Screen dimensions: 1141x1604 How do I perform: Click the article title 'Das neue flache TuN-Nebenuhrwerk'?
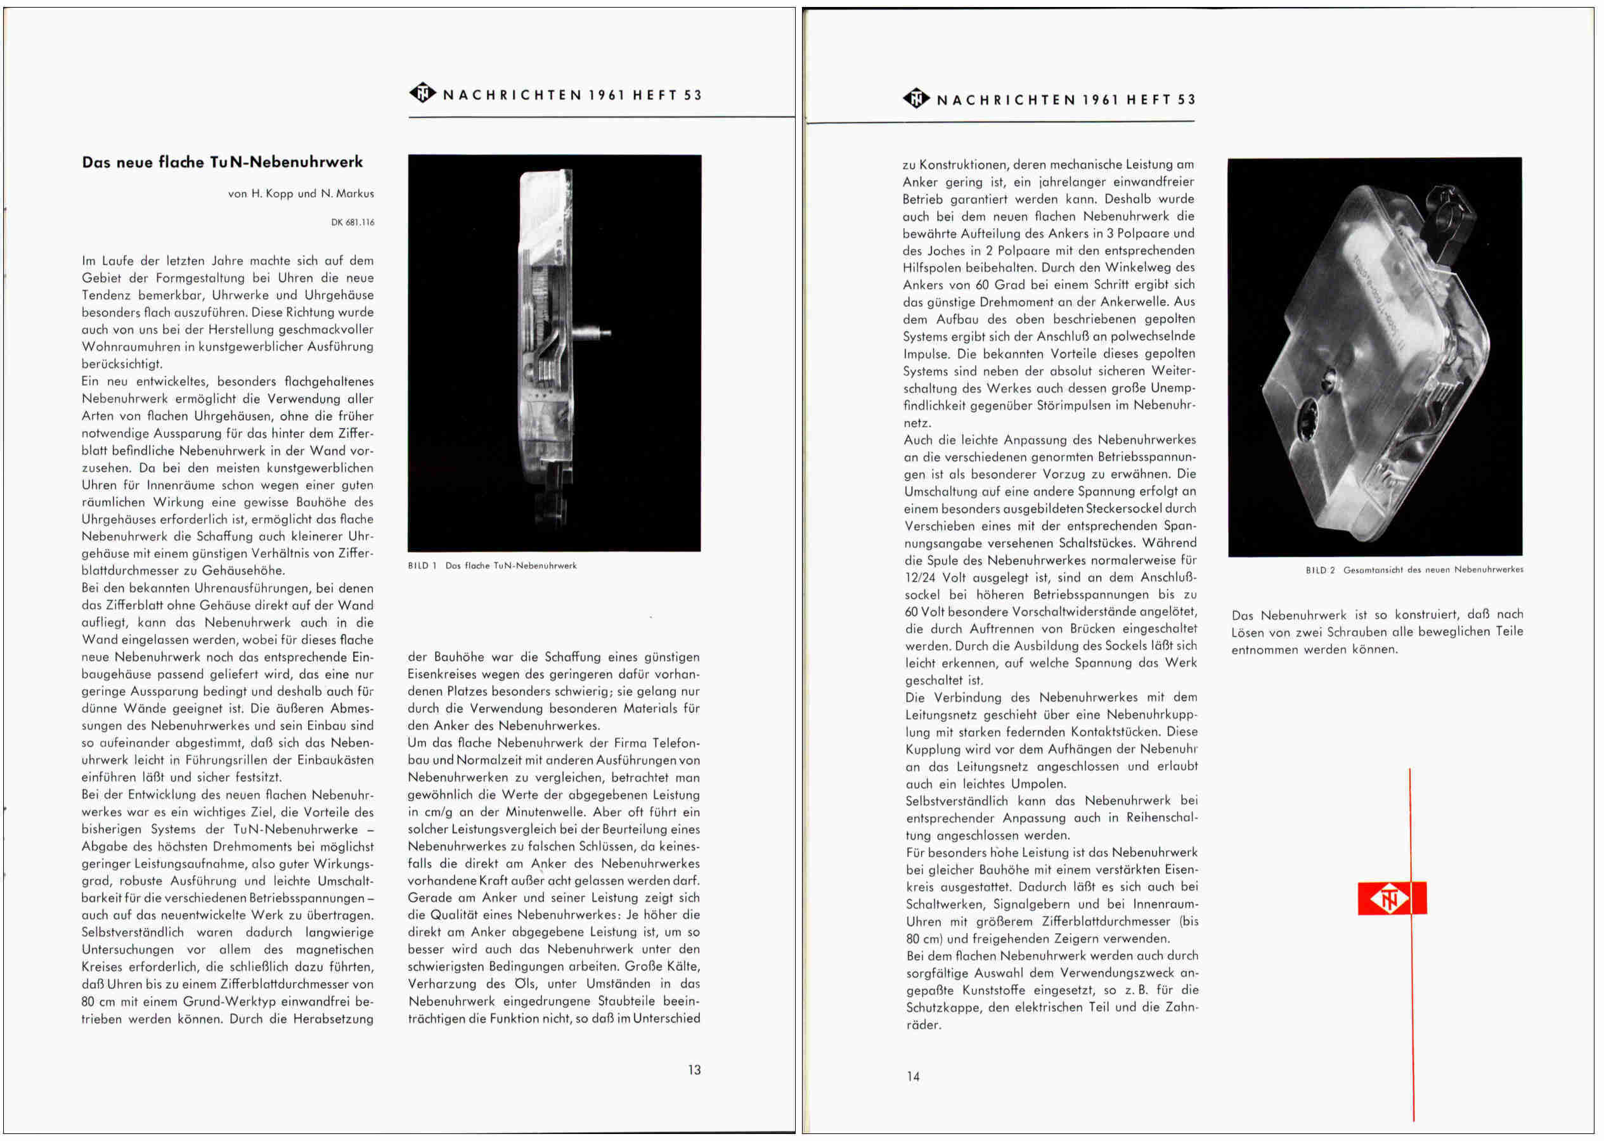click(x=222, y=162)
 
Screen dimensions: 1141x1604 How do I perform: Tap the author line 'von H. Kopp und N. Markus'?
click(x=301, y=193)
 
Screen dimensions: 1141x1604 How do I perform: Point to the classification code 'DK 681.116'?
click(x=352, y=222)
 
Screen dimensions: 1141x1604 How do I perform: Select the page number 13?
click(x=694, y=1069)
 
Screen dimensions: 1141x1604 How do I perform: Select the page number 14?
click(x=913, y=1076)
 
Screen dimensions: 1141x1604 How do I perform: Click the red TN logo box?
click(x=1391, y=898)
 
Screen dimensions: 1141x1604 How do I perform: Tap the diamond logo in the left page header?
click(x=423, y=93)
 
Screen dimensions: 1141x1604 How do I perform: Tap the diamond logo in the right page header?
click(x=916, y=98)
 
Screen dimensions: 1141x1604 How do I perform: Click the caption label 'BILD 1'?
click(x=422, y=565)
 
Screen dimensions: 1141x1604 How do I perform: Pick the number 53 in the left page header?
click(x=693, y=96)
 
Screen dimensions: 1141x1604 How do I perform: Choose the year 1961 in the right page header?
click(x=1099, y=100)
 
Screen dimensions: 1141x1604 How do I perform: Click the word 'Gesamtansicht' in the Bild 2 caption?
click(x=1374, y=570)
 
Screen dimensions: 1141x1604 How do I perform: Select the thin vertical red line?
click(x=1411, y=984)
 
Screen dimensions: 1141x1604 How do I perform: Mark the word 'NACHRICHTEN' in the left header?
click(x=512, y=96)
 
